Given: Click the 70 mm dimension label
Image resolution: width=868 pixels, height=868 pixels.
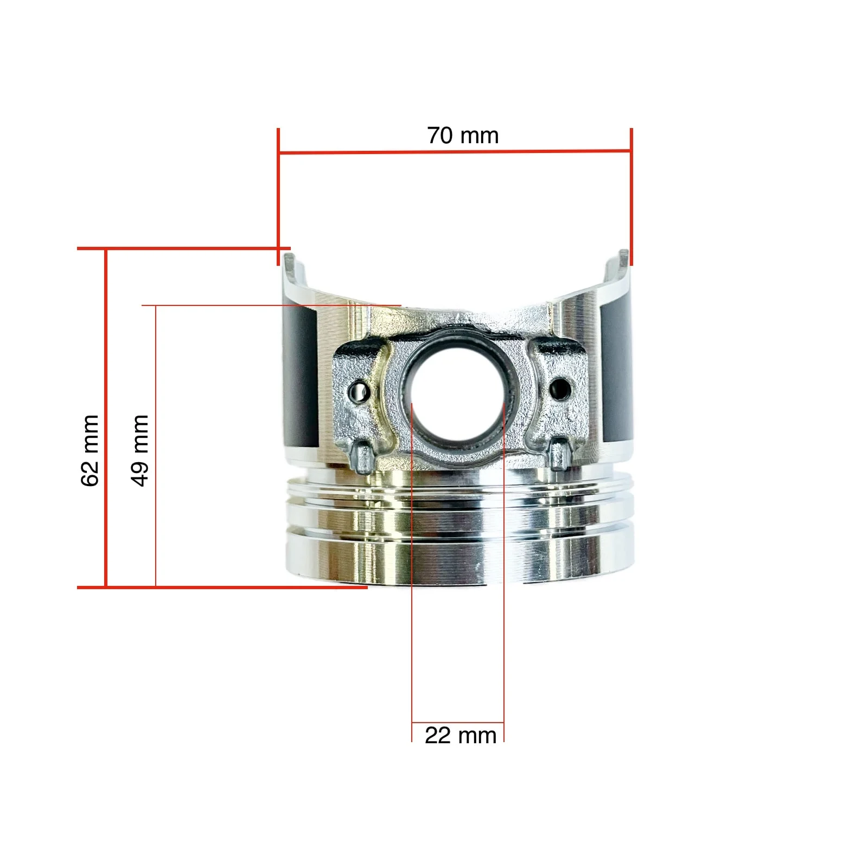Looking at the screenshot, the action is pos(463,136).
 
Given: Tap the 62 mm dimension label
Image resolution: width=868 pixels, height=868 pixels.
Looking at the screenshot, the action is pos(90,450).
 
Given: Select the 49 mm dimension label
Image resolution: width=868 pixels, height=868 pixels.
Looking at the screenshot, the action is pos(140,450).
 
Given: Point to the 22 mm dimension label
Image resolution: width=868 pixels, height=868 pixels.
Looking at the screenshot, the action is pos(461,736).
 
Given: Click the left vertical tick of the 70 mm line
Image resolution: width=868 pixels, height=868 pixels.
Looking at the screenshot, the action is pos(278,197).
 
